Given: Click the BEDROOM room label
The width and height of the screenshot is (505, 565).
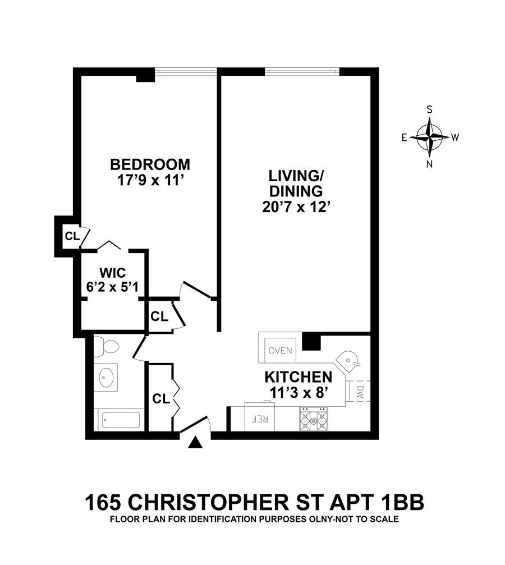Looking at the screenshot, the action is coord(150,165).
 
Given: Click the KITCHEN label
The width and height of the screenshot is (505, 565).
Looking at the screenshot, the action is coord(298,376).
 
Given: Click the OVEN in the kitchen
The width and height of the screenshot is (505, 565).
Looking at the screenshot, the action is coord(280,351).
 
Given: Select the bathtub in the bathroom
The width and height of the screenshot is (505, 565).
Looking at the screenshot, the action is coord(119,420).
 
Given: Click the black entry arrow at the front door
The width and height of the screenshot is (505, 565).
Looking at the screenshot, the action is coord(195,443).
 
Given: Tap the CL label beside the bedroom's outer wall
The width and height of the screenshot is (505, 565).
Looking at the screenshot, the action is coord(71,236).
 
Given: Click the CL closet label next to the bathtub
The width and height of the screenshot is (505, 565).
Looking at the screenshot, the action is coord(161,399).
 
